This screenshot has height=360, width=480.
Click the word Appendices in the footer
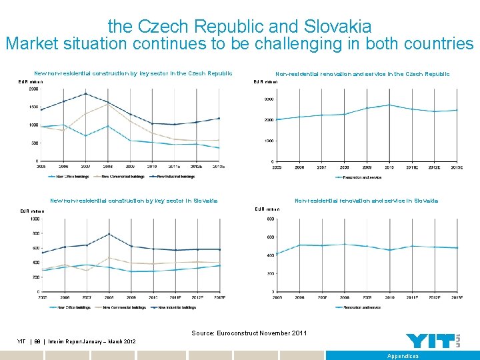(x=403, y=356)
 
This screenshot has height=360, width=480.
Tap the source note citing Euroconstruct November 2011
(x=249, y=333)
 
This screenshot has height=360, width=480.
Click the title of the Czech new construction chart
(x=133, y=73)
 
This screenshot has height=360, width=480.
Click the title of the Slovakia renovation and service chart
(x=366, y=201)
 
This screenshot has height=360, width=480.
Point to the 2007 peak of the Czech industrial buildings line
(x=85, y=93)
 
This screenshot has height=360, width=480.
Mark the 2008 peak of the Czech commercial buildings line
(x=107, y=104)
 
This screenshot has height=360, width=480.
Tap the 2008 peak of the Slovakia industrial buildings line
(x=108, y=234)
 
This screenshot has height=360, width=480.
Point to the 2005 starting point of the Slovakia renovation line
(x=277, y=253)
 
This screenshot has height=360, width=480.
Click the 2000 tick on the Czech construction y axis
(x=33, y=89)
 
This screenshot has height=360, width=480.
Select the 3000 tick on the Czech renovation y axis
(x=269, y=99)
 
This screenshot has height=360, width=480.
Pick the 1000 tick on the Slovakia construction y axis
(x=33, y=219)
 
